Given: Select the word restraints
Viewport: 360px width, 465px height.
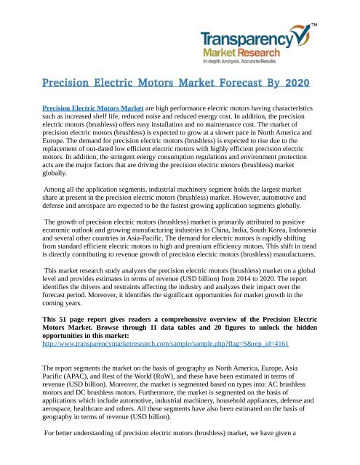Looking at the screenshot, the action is coord(135,288).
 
